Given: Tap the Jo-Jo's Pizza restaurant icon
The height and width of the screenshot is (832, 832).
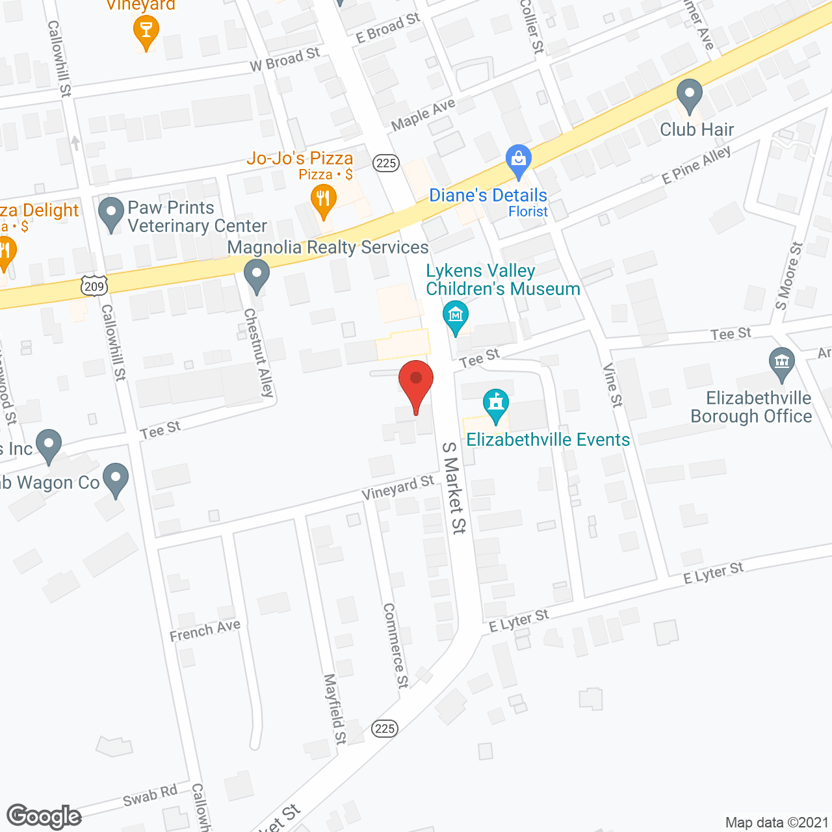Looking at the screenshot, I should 323,200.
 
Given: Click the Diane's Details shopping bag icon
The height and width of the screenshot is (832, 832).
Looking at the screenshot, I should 519,161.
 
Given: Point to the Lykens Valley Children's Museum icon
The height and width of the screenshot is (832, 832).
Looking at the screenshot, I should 456,317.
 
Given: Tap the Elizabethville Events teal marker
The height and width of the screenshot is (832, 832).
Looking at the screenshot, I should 496,404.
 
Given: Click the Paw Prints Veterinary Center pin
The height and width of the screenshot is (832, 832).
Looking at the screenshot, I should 111,213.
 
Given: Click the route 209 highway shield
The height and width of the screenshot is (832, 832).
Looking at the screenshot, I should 94,286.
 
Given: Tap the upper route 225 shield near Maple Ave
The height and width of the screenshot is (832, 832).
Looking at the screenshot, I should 386,162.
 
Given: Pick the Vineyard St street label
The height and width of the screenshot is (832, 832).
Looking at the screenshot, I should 398,487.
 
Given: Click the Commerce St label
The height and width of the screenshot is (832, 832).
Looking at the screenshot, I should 395,645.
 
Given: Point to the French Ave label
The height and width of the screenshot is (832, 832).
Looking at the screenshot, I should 205,630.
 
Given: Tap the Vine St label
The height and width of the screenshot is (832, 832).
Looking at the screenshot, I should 612,385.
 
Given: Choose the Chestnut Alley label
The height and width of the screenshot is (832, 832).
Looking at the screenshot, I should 258,352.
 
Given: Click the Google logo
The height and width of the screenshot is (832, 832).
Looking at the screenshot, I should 44,816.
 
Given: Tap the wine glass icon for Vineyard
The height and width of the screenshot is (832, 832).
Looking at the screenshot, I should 146,30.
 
